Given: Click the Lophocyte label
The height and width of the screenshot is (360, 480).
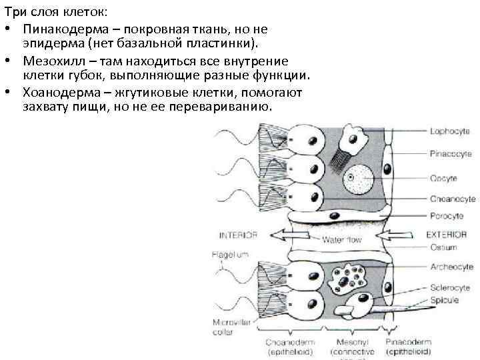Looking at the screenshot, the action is point(443,133).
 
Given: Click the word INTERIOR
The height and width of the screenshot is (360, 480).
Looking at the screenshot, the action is point(238,235).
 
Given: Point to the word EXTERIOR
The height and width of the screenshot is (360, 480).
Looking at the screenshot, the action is point(446,235).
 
